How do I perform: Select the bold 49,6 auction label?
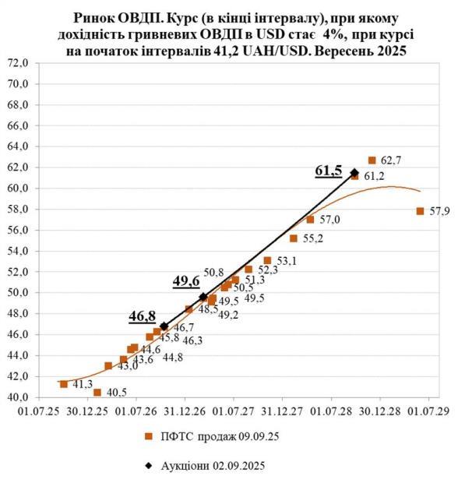point(185,281)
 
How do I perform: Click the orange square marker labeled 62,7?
point(372,160)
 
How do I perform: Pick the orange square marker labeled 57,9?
point(420,211)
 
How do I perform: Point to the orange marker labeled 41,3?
point(64,384)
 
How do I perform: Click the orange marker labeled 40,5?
point(97,393)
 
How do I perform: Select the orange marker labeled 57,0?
point(310,220)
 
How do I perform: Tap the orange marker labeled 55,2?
point(294,238)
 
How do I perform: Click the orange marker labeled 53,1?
point(267,261)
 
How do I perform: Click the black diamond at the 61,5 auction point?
point(354,173)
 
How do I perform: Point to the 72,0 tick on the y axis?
point(17,62)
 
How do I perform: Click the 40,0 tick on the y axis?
point(17,397)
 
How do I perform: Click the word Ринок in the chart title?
point(93,16)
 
